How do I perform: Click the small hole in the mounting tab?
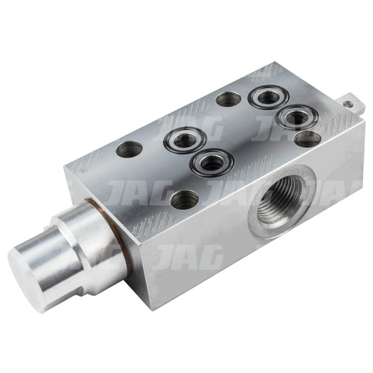pyautogui.click(x=348, y=103)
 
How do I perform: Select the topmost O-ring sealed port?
pyautogui.click(x=268, y=97)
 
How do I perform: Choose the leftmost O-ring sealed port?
pyautogui.click(x=185, y=139)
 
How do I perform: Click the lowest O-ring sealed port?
pyautogui.click(x=211, y=162)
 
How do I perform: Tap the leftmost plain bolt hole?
pyautogui.click(x=129, y=149)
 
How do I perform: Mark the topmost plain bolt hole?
pyautogui.click(x=228, y=99)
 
